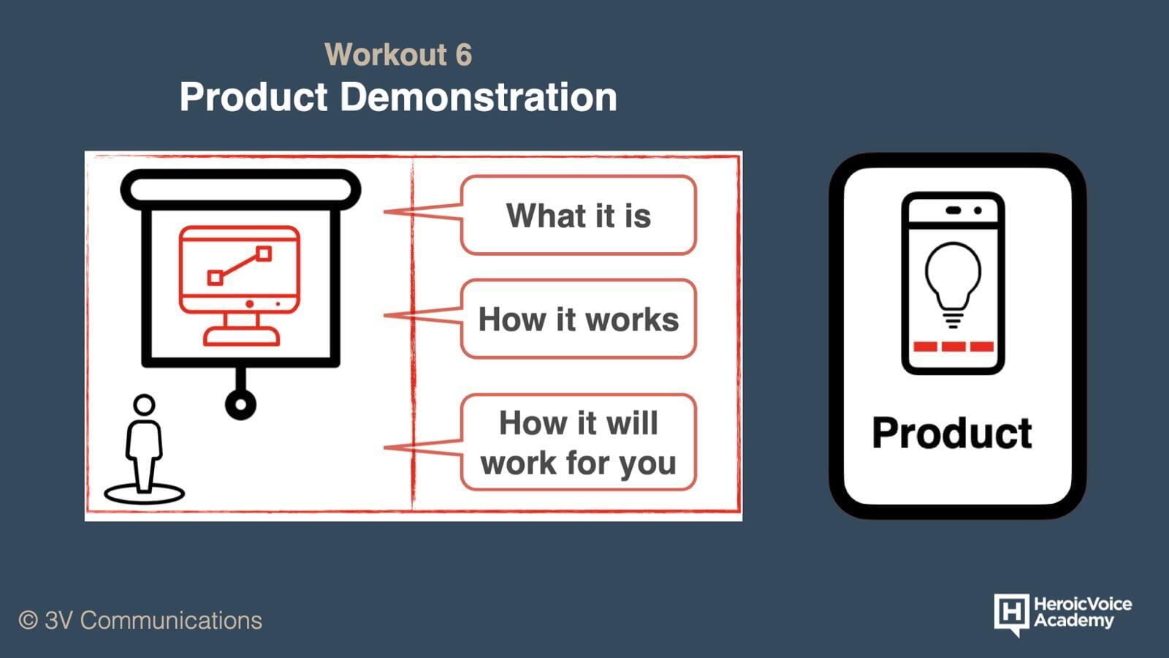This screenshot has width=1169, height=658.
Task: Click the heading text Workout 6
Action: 398,54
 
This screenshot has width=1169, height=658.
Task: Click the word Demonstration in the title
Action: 479,97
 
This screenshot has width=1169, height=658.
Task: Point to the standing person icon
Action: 144,448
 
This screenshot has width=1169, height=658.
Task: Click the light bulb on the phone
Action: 953,285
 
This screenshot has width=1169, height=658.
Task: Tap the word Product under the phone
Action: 952,434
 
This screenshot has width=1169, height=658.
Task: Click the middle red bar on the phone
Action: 953,347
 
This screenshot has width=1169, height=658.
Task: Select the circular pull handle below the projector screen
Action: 240,404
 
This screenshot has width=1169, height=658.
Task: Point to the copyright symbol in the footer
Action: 28,621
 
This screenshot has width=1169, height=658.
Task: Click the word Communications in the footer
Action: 171,621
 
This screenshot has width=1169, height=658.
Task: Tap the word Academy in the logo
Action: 1074,621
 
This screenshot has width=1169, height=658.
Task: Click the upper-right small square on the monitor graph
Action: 264,254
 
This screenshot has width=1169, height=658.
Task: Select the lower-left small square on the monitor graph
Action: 215,277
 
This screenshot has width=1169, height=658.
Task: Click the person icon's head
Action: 144,405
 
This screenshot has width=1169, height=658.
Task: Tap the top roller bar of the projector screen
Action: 240,189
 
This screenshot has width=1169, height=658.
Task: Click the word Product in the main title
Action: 254,97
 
